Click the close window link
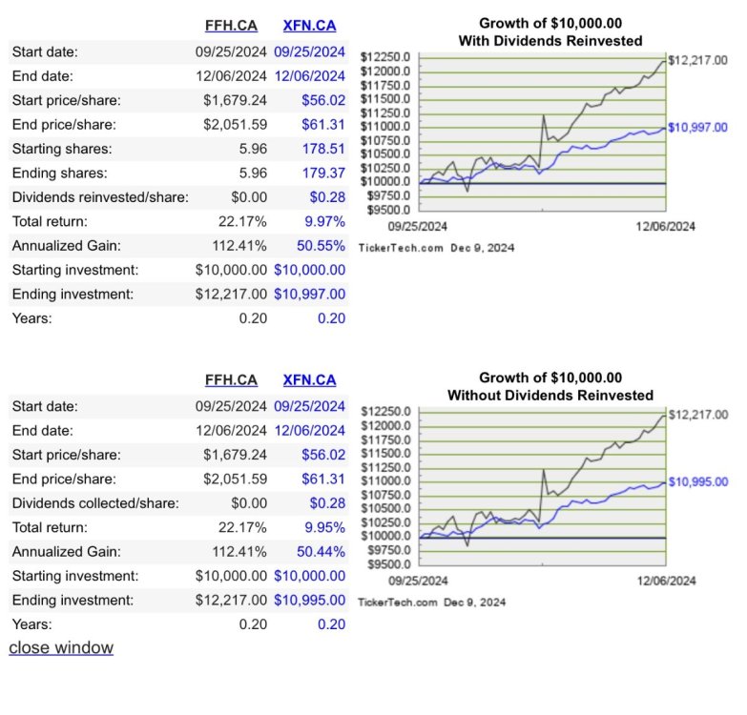point(61,648)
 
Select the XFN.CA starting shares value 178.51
point(323,149)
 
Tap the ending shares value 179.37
point(323,173)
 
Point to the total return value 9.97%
point(325,221)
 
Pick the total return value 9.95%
point(325,527)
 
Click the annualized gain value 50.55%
point(322,246)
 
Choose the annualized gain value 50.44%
point(322,552)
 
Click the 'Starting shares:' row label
point(62,149)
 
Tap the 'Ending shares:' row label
point(60,174)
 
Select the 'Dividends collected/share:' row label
point(95,503)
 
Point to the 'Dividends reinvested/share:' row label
point(100,197)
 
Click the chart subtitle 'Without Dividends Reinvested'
point(550,395)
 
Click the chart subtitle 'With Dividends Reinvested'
point(550,41)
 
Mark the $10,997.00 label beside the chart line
point(698,128)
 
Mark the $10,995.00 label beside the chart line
point(698,481)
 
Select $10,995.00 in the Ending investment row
point(310,601)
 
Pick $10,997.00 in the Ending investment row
point(310,295)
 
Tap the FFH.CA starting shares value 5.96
point(253,149)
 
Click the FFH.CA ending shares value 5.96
point(253,173)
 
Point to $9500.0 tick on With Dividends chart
point(388,210)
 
